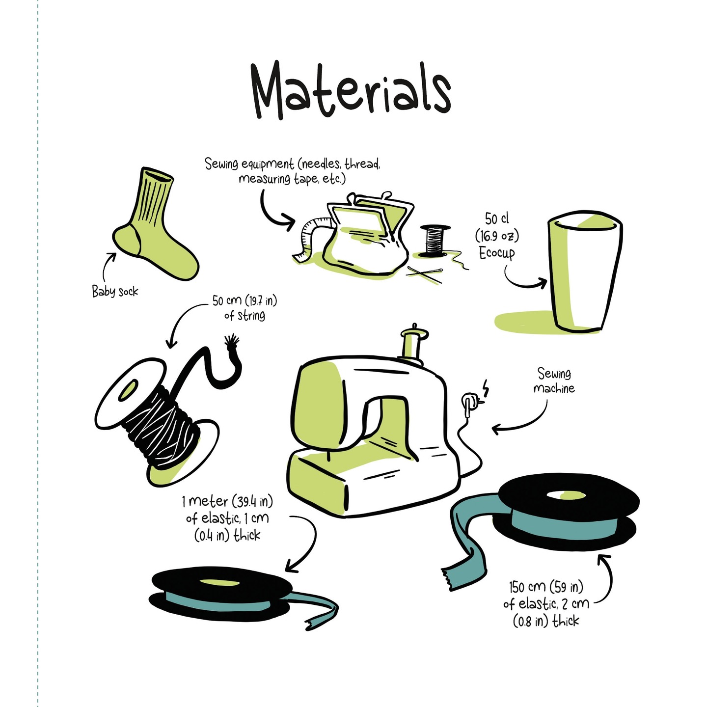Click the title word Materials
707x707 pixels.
pos(351,90)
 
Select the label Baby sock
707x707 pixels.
pos(115,292)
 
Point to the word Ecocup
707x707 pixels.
pos(497,253)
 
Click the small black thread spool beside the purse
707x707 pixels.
pos(435,240)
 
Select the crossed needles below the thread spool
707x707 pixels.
pos(425,274)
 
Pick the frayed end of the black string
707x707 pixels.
pos(232,341)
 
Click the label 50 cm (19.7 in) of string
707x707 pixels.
pos(245,308)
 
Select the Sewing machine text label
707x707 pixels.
pos(554,381)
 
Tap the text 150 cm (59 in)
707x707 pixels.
pos(545,587)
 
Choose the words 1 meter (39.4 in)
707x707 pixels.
pos(227,501)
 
